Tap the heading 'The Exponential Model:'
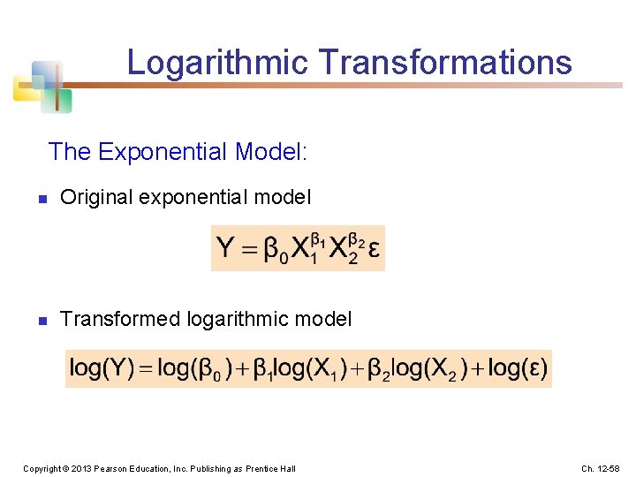coord(178,152)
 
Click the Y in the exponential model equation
coord(226,248)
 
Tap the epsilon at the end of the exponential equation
coord(374,249)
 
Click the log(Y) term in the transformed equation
coord(102,368)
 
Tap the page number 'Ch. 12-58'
coord(601,468)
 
